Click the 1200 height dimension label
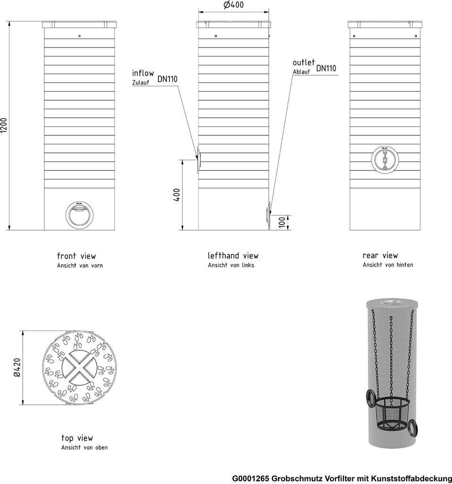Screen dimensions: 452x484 pos(4,126)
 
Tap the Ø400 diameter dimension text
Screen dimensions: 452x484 pos(234,5)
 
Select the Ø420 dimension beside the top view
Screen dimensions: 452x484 pos(17,367)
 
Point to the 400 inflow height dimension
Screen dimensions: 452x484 pos(177,195)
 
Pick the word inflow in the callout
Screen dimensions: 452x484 pos(143,73)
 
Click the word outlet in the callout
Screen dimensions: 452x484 pos(304,62)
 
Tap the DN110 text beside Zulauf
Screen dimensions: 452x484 pos(168,79)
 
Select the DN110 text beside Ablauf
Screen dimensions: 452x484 pos(326,68)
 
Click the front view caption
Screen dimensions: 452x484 pos(80,260)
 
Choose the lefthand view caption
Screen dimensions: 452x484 pos(233,259)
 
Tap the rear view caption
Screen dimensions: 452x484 pos(387,259)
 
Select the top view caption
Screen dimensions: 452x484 pos(84,442)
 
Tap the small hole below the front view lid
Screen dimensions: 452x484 pos(80,36)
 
